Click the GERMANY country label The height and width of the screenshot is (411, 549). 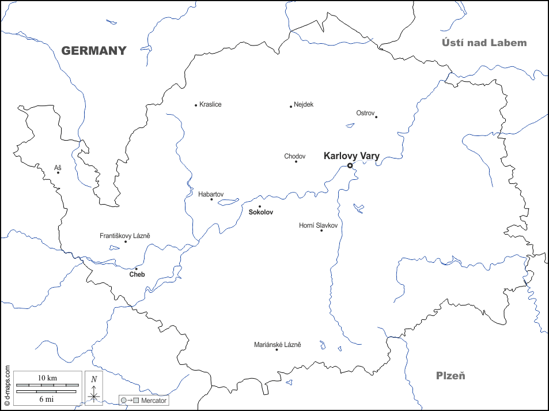[94, 51]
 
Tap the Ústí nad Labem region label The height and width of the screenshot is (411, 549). [484, 43]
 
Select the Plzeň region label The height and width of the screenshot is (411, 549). [450, 376]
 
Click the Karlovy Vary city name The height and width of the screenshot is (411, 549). [351, 156]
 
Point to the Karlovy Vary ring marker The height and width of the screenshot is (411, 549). [350, 165]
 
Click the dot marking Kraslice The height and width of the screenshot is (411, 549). [196, 105]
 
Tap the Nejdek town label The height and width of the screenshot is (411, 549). [304, 104]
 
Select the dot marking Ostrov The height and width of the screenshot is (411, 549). [376, 117]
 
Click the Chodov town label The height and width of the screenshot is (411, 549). [294, 156]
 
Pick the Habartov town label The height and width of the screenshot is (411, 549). [211, 194]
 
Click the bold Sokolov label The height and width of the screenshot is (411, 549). [260, 212]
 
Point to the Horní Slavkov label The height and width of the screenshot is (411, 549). [318, 225]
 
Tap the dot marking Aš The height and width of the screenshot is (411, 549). [58, 172]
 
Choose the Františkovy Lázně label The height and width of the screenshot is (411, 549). [125, 236]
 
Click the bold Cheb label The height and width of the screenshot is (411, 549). [137, 274]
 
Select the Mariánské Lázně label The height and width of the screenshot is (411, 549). [277, 345]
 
